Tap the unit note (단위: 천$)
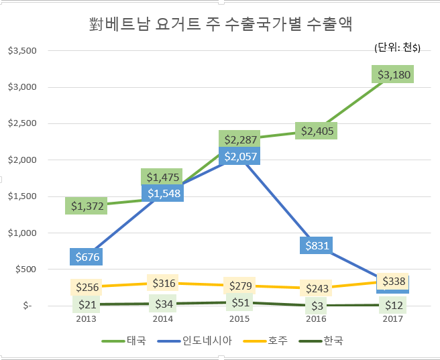point(396,47)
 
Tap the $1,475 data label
point(162,177)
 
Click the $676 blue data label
point(89,256)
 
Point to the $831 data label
point(317,245)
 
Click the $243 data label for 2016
point(317,288)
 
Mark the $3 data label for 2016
point(317,306)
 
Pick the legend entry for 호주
point(276,340)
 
